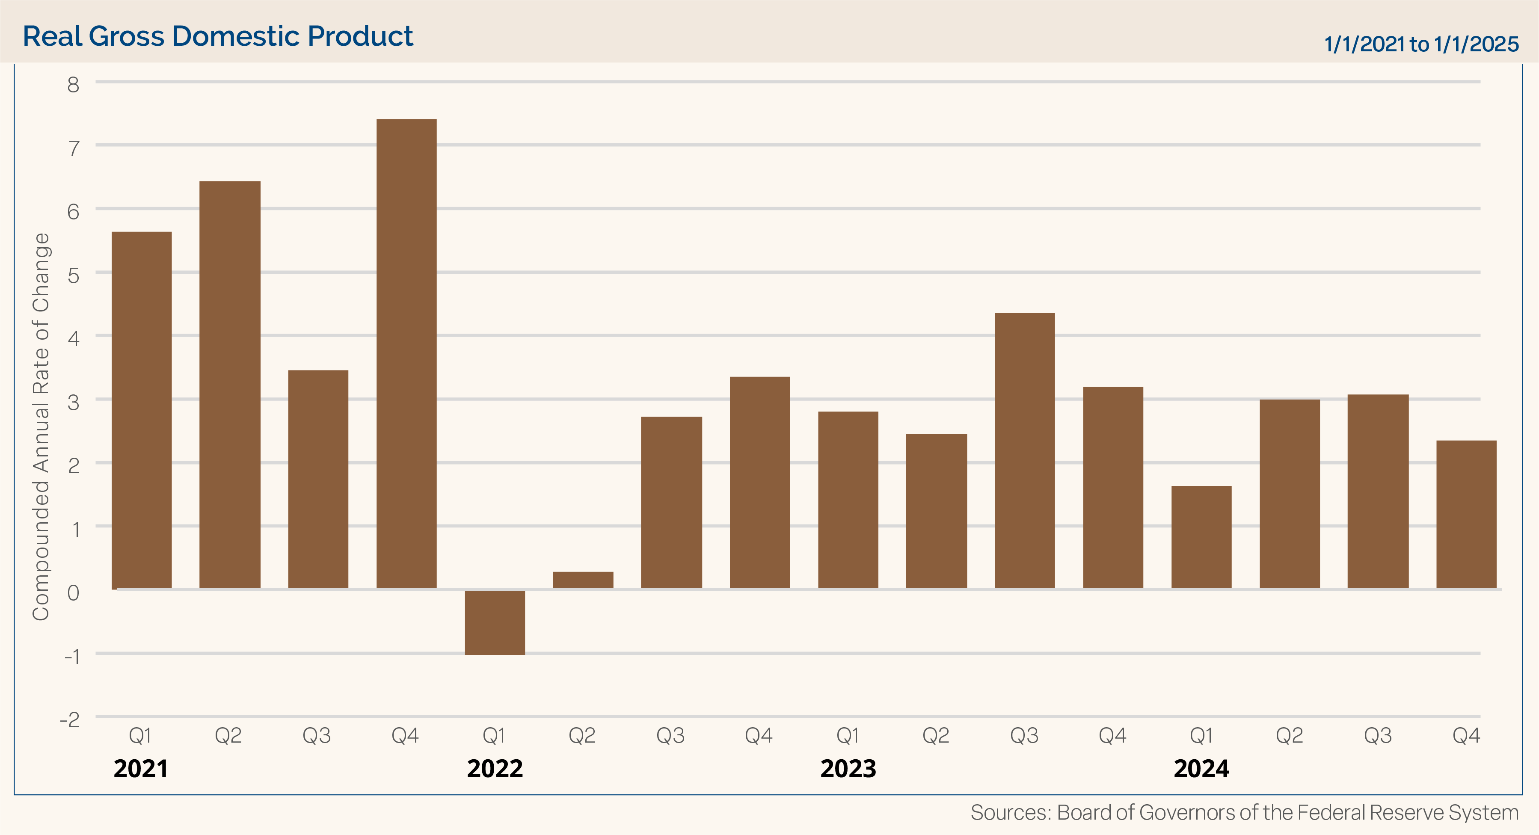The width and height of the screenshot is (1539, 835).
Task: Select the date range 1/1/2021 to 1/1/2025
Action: click(1421, 44)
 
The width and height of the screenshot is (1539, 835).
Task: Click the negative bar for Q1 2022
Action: click(495, 622)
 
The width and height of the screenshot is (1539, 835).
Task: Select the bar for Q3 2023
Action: click(1025, 451)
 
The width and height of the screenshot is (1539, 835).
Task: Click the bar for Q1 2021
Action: click(142, 410)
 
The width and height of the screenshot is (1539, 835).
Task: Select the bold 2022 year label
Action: click(495, 769)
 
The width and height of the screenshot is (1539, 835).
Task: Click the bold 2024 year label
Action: click(1201, 769)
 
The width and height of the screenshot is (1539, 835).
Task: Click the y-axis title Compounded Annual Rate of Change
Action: click(41, 426)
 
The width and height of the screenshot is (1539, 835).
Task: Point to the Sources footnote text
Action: click(1244, 812)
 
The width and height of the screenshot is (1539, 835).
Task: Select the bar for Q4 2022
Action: click(760, 483)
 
